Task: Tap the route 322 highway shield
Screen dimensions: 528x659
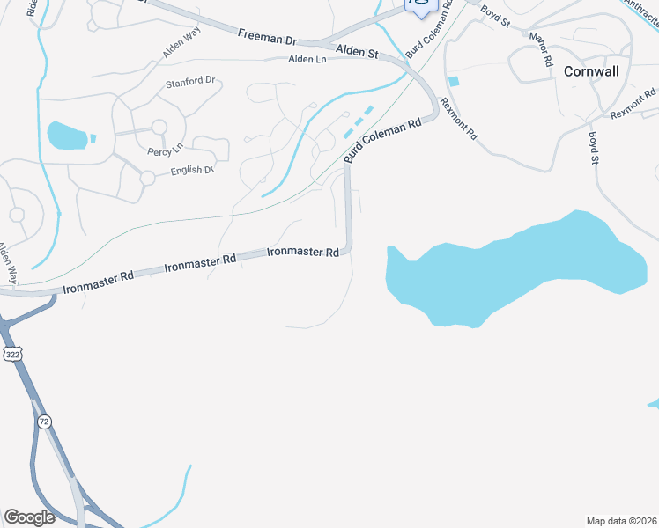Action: point(11,354)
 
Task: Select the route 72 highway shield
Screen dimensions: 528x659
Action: point(44,422)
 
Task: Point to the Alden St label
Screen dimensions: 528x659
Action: point(359,53)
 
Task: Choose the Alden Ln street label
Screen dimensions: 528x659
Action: point(308,59)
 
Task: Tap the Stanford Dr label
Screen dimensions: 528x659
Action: point(190,82)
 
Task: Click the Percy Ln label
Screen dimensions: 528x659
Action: point(165,151)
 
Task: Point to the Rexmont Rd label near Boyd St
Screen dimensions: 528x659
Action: point(633,106)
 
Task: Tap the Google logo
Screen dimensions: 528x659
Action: point(29,517)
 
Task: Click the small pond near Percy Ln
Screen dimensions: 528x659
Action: point(69,136)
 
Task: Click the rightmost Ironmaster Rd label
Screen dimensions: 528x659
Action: point(303,253)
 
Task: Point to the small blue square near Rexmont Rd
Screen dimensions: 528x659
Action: point(454,82)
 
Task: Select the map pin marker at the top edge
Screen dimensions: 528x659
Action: point(421,6)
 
